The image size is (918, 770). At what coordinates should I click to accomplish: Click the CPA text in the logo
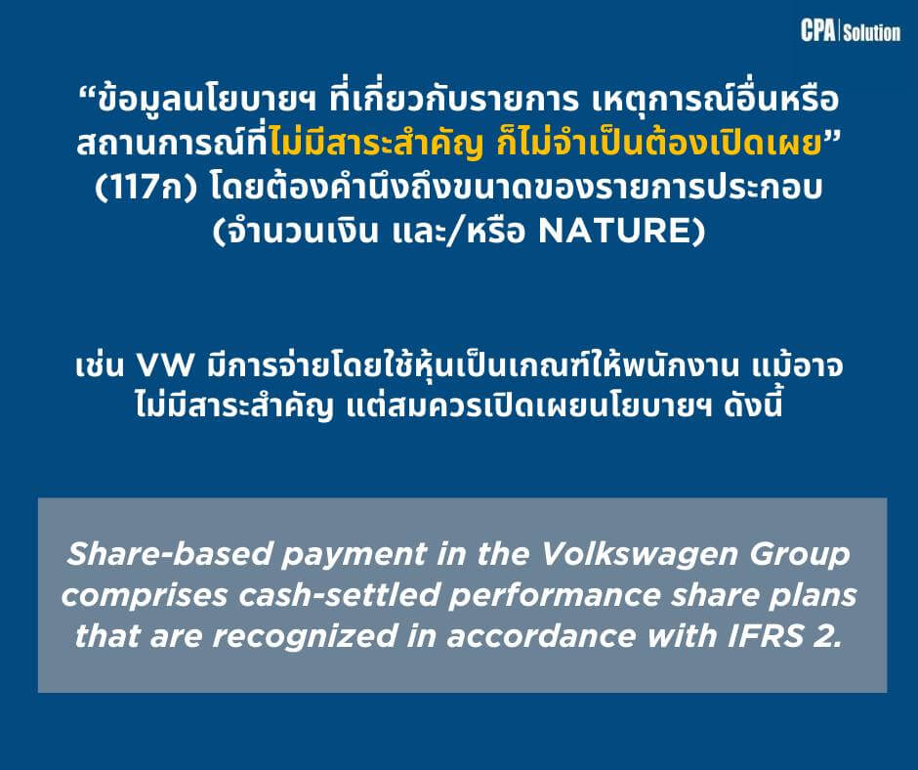pos(817,30)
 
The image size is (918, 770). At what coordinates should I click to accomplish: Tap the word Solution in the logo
pos(872,32)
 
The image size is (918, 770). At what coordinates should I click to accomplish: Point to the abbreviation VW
pos(164,366)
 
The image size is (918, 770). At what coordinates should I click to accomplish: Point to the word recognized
pos(305,637)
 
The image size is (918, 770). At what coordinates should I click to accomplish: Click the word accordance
pos(541,636)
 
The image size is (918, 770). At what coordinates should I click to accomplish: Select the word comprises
pos(145,596)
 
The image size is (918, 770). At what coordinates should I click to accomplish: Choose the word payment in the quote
pos(355,555)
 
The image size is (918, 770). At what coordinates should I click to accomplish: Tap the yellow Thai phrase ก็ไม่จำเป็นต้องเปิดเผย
pos(658,144)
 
